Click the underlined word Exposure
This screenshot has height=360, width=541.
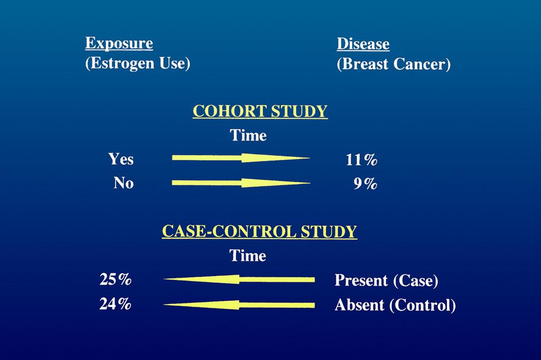119,44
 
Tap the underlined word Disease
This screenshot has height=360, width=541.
363,44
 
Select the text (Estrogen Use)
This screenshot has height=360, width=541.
138,63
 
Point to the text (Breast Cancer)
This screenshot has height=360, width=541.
394,64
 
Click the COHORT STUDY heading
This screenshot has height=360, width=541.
260,111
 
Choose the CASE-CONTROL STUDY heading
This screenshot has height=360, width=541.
259,231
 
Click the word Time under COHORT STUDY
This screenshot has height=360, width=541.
248,135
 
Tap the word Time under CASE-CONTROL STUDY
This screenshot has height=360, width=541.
248,255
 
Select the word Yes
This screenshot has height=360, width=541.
121,159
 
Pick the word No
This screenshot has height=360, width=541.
124,183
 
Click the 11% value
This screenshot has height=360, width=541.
361,159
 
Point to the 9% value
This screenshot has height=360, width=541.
366,184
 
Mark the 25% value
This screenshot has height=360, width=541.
115,279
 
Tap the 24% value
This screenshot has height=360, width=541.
115,304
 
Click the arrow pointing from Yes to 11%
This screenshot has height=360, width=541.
241,158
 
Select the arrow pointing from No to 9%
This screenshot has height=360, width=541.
241,183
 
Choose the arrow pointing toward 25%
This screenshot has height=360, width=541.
239,279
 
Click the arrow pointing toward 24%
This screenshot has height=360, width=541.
239,305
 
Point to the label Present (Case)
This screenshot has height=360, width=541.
386,280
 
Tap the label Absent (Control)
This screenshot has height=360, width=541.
395,305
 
